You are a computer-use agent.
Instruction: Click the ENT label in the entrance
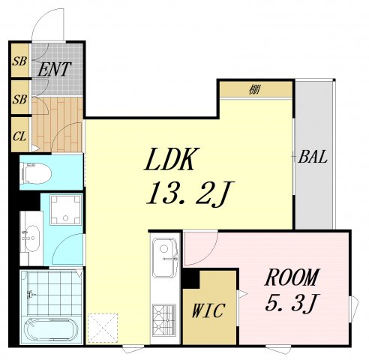(x=55, y=69)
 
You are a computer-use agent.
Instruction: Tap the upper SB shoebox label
(x=19, y=61)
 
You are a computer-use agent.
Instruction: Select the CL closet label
(x=19, y=136)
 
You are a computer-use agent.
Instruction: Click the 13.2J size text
(x=190, y=193)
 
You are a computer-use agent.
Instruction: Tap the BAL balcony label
(x=313, y=157)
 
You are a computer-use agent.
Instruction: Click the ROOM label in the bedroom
(x=292, y=277)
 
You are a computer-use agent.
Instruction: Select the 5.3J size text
(x=292, y=302)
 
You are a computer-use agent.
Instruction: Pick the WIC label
(x=208, y=310)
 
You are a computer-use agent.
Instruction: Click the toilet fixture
(x=36, y=173)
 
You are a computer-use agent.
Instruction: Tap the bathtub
(x=49, y=330)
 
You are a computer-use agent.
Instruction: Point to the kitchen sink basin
(x=165, y=257)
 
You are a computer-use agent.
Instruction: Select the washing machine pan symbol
(x=65, y=210)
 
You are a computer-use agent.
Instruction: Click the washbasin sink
(x=31, y=238)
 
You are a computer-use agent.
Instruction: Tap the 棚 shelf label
(x=254, y=89)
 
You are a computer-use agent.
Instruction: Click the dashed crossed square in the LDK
(x=103, y=328)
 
